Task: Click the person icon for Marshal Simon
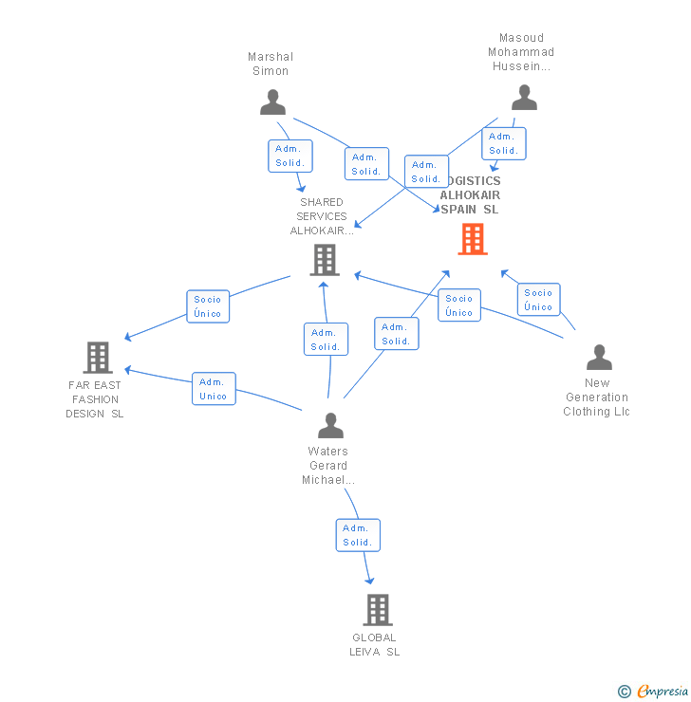click(x=272, y=102)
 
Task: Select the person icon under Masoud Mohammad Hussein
click(x=524, y=98)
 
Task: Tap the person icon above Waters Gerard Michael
click(x=330, y=426)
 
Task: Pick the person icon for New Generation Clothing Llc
click(x=599, y=358)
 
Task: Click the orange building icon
click(x=472, y=239)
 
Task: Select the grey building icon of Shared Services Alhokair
click(x=325, y=259)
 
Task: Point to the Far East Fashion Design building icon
click(x=97, y=358)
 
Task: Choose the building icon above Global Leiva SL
click(x=377, y=609)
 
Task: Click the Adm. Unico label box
click(x=214, y=389)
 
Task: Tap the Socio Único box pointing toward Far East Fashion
click(x=207, y=306)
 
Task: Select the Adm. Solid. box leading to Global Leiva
click(x=358, y=535)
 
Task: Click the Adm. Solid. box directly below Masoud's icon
click(x=503, y=143)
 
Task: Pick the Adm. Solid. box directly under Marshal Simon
click(x=289, y=156)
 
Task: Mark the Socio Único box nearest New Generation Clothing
click(x=538, y=300)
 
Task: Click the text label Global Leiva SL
click(x=374, y=645)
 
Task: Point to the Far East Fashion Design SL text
click(x=95, y=399)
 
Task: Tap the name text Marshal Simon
click(x=270, y=64)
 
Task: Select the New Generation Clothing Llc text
click(x=596, y=397)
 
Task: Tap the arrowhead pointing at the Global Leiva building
click(x=369, y=581)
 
